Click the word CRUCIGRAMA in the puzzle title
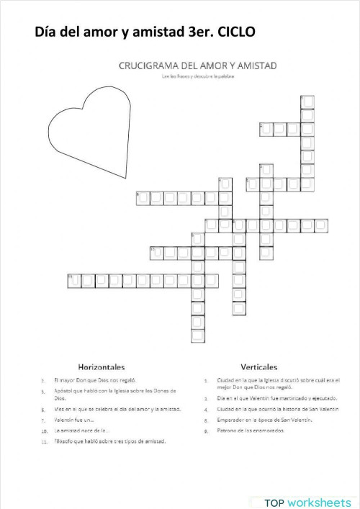(x=147, y=66)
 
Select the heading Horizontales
(x=102, y=367)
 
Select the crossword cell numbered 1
(x=307, y=100)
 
